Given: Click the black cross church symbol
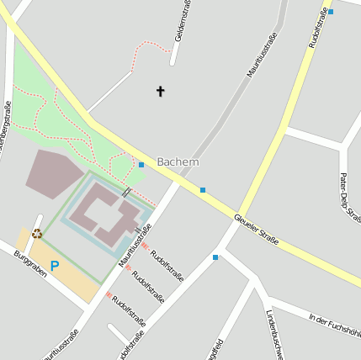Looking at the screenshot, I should pyautogui.click(x=161, y=90).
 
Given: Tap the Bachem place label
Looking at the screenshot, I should pyautogui.click(x=178, y=161).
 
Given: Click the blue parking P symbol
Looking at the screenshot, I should pyautogui.click(x=55, y=266).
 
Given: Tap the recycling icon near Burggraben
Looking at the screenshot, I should pyautogui.click(x=37, y=234).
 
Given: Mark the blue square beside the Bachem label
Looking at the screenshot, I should pyautogui.click(x=141, y=165).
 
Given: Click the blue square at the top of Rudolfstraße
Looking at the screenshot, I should pyautogui.click(x=331, y=12).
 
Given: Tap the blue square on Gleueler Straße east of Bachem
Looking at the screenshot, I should pyautogui.click(x=203, y=190).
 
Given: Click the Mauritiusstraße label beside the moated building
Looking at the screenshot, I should pyautogui.click(x=135, y=246).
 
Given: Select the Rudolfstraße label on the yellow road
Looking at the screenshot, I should pyautogui.click(x=320, y=25).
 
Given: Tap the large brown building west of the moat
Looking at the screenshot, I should pyautogui.click(x=53, y=172).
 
